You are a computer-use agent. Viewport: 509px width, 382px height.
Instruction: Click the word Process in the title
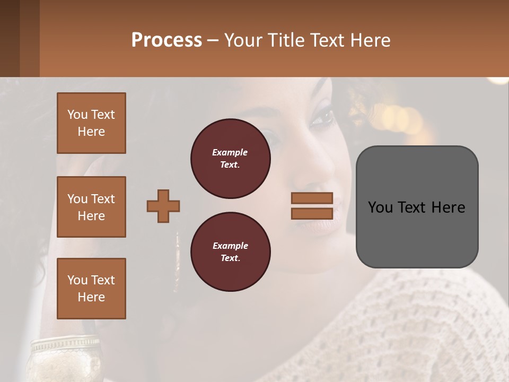coord(166,40)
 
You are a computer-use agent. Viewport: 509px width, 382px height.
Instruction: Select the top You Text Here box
coord(91,123)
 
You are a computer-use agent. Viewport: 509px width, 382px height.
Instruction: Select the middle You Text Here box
coord(91,207)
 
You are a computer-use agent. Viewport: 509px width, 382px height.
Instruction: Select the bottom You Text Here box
coord(91,289)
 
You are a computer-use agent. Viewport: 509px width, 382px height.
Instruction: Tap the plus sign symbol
coord(163,206)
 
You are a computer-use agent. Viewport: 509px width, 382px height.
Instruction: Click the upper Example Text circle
coord(230,159)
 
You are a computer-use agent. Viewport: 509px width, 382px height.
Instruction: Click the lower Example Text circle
coord(230,252)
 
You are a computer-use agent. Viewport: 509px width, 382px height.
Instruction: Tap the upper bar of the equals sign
coord(312,198)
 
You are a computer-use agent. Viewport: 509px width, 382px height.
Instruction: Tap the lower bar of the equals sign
coord(312,213)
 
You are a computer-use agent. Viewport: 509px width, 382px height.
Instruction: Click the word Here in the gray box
coord(448,207)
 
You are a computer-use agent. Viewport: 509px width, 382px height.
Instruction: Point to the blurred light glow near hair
coord(398,117)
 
